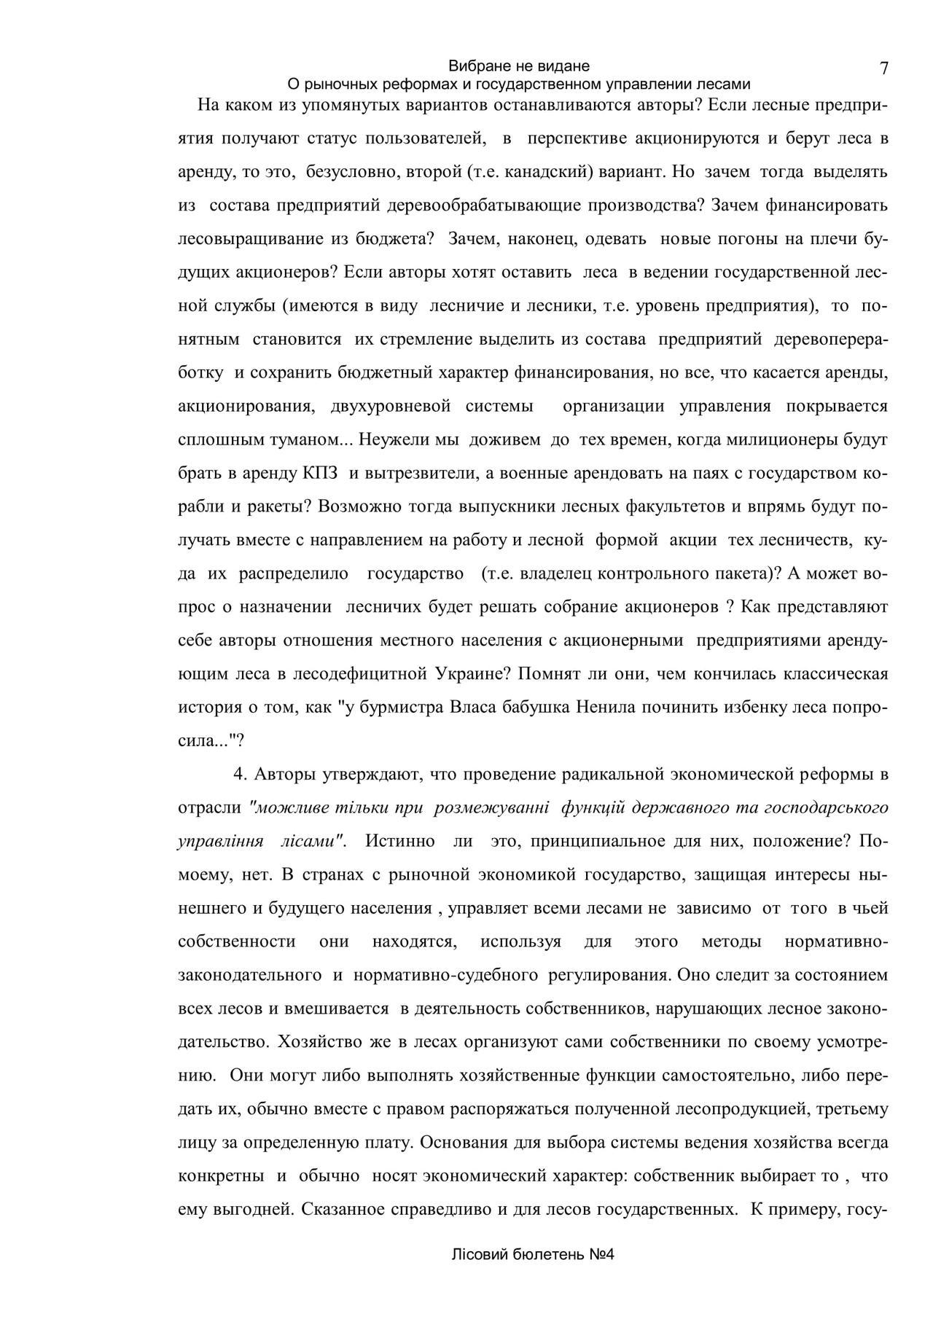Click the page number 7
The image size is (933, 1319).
tap(883, 69)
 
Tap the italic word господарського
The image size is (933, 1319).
tap(826, 807)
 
